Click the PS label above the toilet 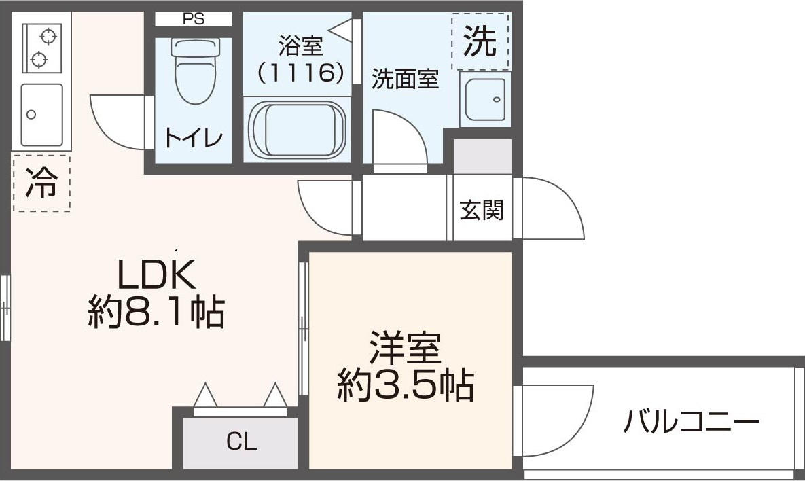tap(193, 20)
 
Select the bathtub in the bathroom tap(297, 129)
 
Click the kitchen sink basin tap(41, 115)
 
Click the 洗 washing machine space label tap(480, 41)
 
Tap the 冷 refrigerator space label tap(41, 183)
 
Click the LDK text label tap(157, 274)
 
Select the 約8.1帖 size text tap(157, 312)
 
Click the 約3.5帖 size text tap(406, 385)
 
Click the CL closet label tap(241, 442)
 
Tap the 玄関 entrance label tap(482, 210)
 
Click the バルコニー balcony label tap(691, 422)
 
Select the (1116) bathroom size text tap(300, 73)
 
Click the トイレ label tap(194, 138)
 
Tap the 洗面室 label tap(406, 79)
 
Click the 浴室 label tap(301, 46)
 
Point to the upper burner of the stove tap(48, 37)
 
